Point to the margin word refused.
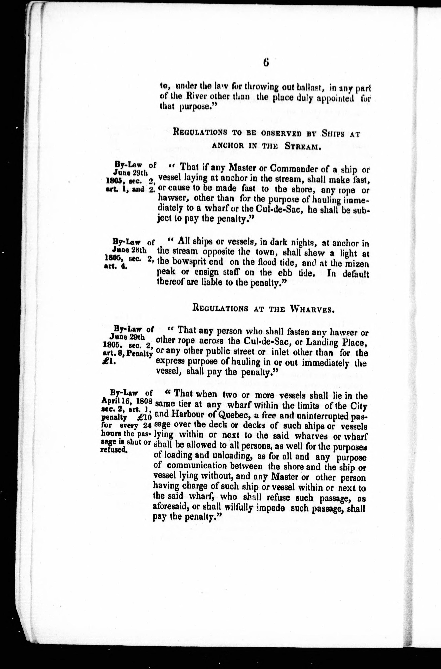click(x=114, y=450)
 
